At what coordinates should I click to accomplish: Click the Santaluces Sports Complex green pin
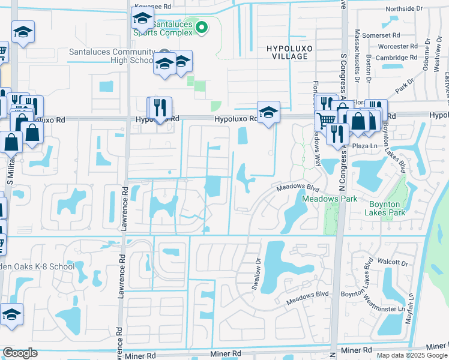coord(202,26)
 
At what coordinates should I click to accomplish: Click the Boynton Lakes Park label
coord(385,208)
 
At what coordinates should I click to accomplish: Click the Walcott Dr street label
coord(393,262)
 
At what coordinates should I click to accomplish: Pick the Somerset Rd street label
coord(393,35)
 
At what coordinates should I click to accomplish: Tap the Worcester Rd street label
coord(397,46)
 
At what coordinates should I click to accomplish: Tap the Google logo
coord(20,353)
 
